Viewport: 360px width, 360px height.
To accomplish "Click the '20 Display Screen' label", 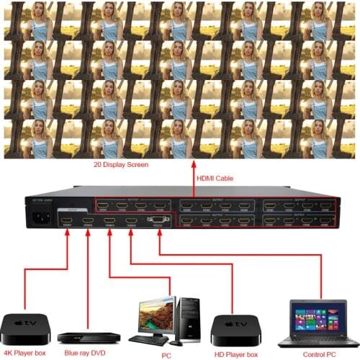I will tap(120, 165).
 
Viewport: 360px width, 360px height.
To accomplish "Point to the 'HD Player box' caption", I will tap(235, 354).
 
